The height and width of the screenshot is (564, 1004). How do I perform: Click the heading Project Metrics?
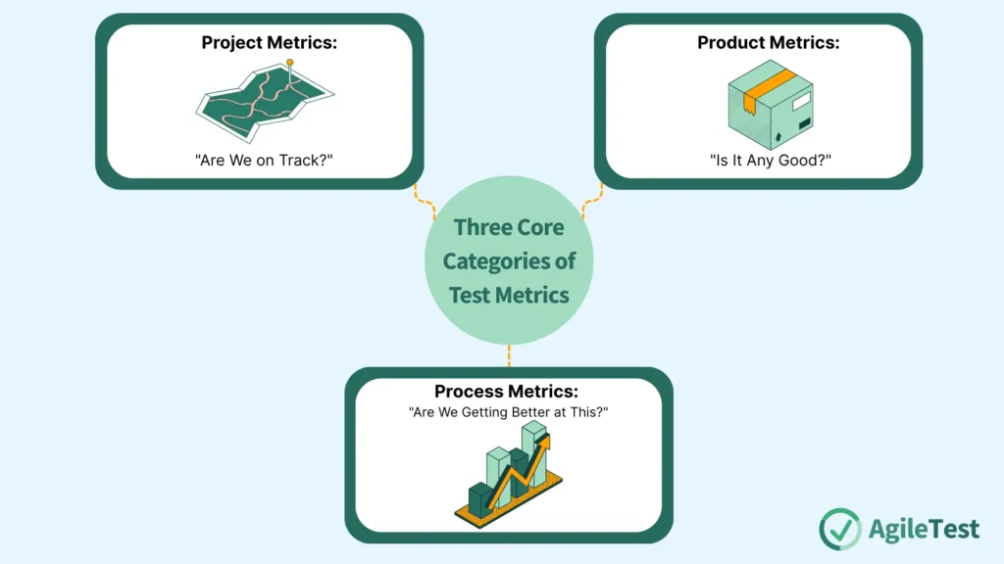click(x=259, y=43)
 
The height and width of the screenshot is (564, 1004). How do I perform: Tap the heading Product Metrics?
click(x=768, y=43)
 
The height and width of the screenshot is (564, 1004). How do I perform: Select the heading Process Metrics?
click(x=508, y=392)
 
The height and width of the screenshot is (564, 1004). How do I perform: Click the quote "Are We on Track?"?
click(x=259, y=159)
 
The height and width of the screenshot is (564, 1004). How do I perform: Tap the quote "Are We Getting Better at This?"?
click(x=508, y=412)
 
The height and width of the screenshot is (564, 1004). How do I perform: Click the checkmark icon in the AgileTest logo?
click(x=840, y=529)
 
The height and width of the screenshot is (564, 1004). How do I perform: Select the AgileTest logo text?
click(x=924, y=530)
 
